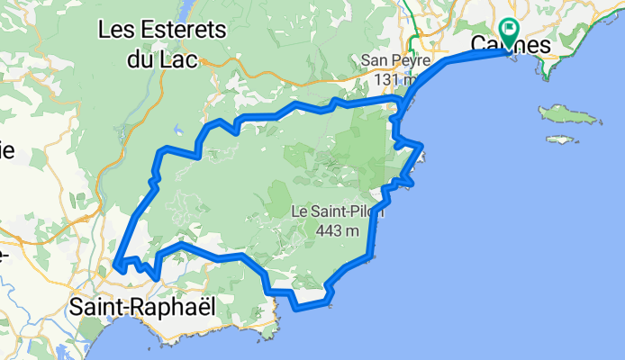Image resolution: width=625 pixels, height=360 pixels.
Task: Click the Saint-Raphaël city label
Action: point(143,307)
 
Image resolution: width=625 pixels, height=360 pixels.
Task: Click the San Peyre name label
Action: point(388,60)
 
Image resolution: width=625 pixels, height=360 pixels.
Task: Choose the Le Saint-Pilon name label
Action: point(339,211)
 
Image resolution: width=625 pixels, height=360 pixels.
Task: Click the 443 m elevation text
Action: point(339,230)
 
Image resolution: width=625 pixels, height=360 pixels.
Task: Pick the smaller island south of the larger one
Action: point(561,139)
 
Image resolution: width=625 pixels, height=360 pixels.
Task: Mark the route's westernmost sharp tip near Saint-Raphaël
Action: point(116,265)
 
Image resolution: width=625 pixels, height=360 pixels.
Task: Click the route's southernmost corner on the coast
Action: point(298,307)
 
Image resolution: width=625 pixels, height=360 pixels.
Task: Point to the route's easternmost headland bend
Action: point(421,146)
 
